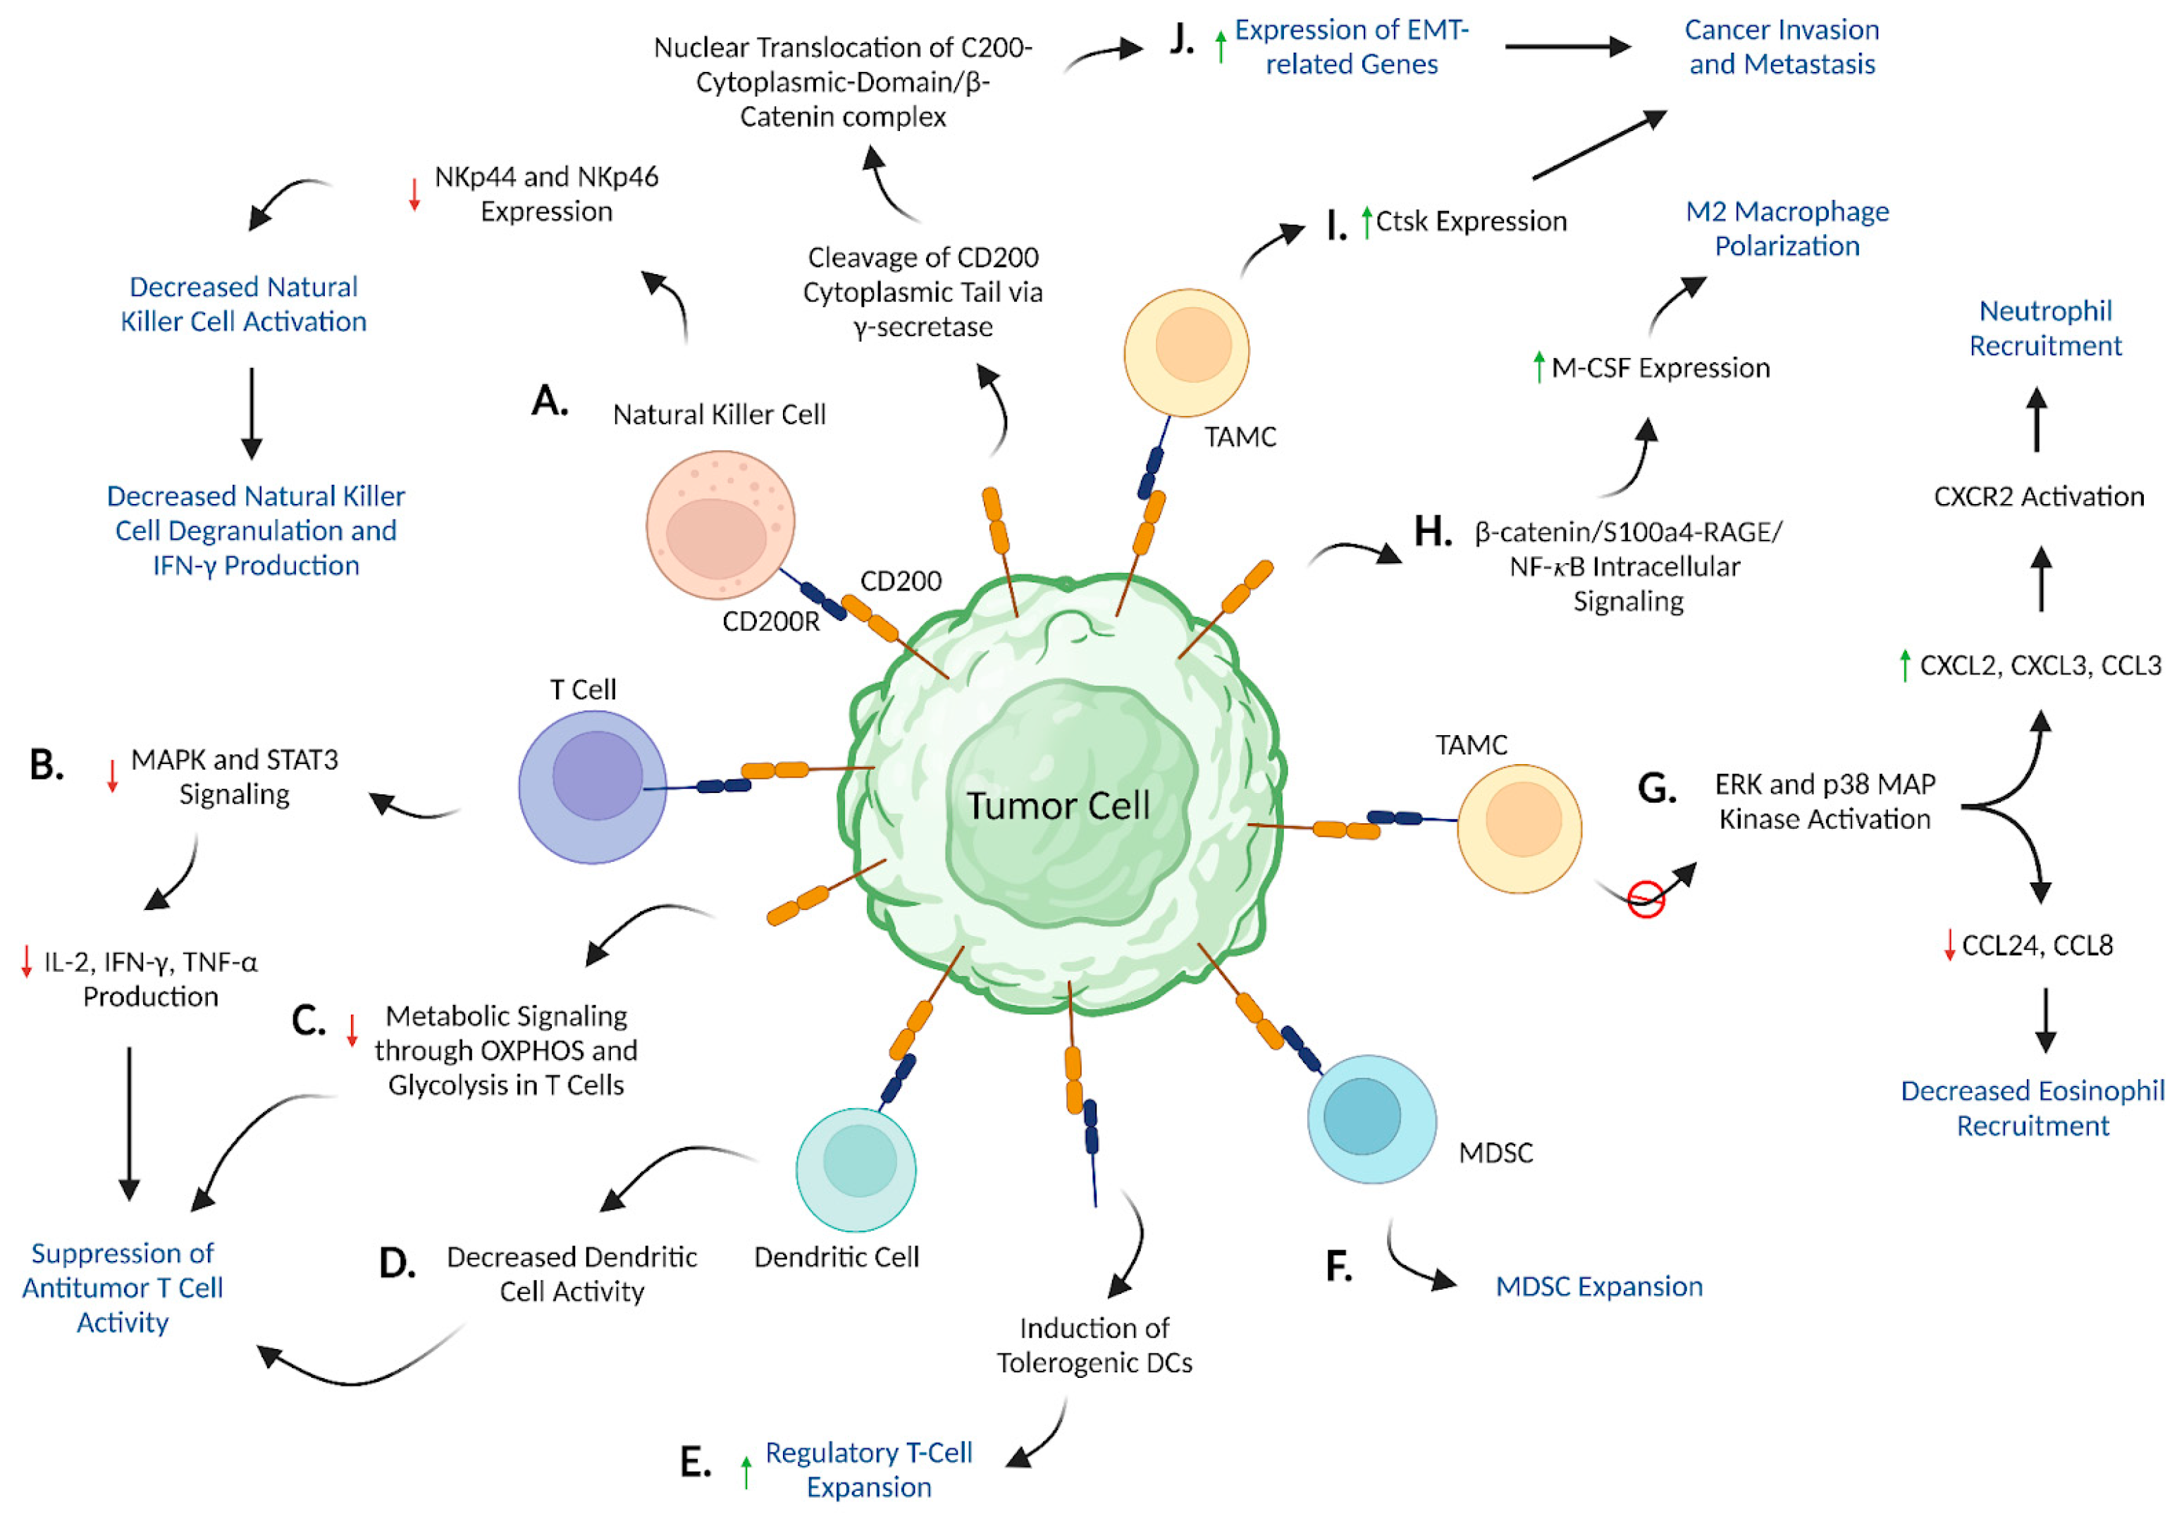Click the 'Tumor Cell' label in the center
coord(1058,806)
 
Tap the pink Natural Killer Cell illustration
coord(720,525)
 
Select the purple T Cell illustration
coord(593,787)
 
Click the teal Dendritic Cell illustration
coord(856,1169)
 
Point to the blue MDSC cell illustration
coord(1371,1119)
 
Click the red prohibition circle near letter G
coord(1646,899)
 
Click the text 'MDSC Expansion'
coord(1598,1286)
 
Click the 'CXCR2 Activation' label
coord(2038,495)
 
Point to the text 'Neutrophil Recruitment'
coord(2044,328)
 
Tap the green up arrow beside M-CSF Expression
coord(1538,367)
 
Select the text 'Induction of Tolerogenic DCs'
coord(1094,1344)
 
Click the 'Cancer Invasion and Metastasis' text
coord(1781,47)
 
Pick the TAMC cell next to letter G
coord(1519,827)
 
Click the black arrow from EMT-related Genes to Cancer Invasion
coord(1567,46)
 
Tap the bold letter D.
coord(397,1263)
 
